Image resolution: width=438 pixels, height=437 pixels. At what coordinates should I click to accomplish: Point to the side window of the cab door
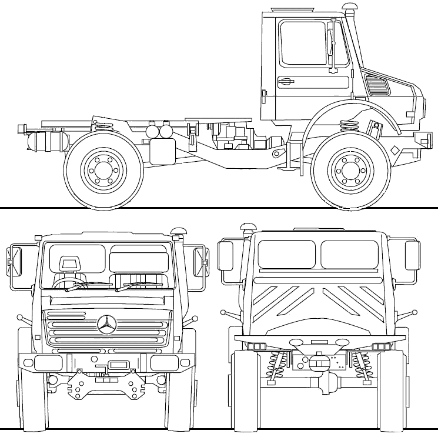303,43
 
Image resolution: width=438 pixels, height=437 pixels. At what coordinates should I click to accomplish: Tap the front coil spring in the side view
350,125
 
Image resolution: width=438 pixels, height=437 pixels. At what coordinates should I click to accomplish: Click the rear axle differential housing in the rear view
319,361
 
